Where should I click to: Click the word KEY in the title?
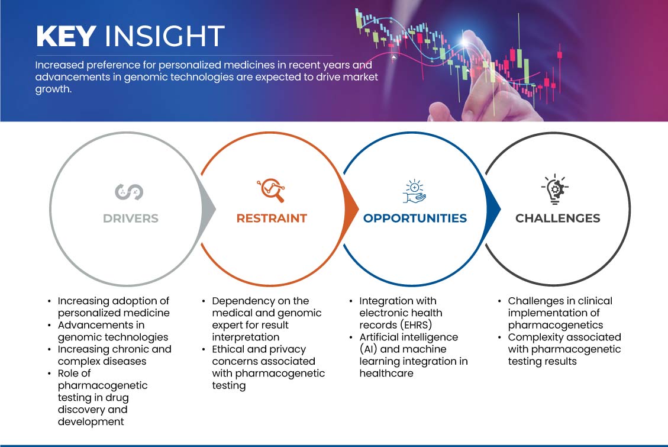pos(66,36)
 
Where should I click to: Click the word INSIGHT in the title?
pos(164,36)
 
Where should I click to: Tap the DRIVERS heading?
pos(130,218)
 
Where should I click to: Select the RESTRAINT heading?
pos(272,218)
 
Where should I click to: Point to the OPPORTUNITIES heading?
pos(415,218)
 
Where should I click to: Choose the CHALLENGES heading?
pos(558,218)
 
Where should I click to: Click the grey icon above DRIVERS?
pos(129,192)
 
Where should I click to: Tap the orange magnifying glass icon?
pos(271,190)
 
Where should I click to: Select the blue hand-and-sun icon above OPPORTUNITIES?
pos(414,191)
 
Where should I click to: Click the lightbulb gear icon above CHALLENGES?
pos(555,189)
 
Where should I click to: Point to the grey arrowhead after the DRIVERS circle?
pos(208,209)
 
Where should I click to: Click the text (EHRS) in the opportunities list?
pos(416,324)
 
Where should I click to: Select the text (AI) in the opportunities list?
pos(369,349)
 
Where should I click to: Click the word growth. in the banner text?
pos(53,89)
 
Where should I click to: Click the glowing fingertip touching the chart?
pos(466,41)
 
